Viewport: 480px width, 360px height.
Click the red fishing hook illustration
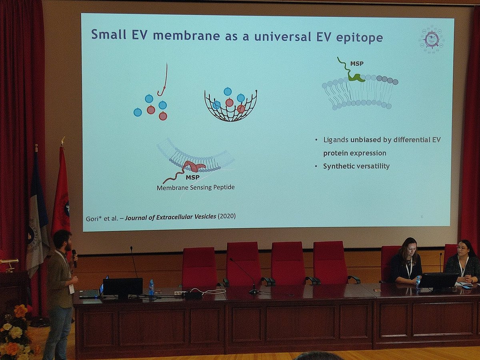[163, 82]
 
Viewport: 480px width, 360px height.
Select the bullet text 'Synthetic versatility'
[356, 166]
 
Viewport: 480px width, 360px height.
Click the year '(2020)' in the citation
[226, 216]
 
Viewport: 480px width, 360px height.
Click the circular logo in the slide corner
[431, 40]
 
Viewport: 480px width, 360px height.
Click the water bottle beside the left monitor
[152, 288]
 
